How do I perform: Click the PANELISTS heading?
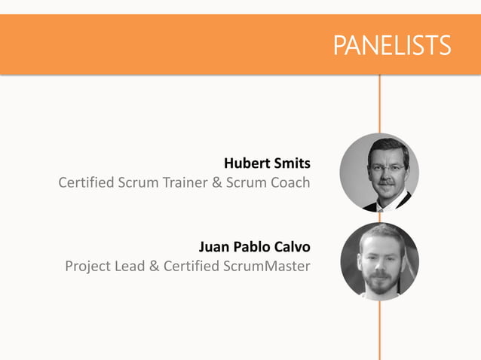392,45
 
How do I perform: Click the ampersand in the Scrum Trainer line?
215,182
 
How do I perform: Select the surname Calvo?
293,246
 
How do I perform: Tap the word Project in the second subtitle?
89,266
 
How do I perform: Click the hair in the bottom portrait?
381,231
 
